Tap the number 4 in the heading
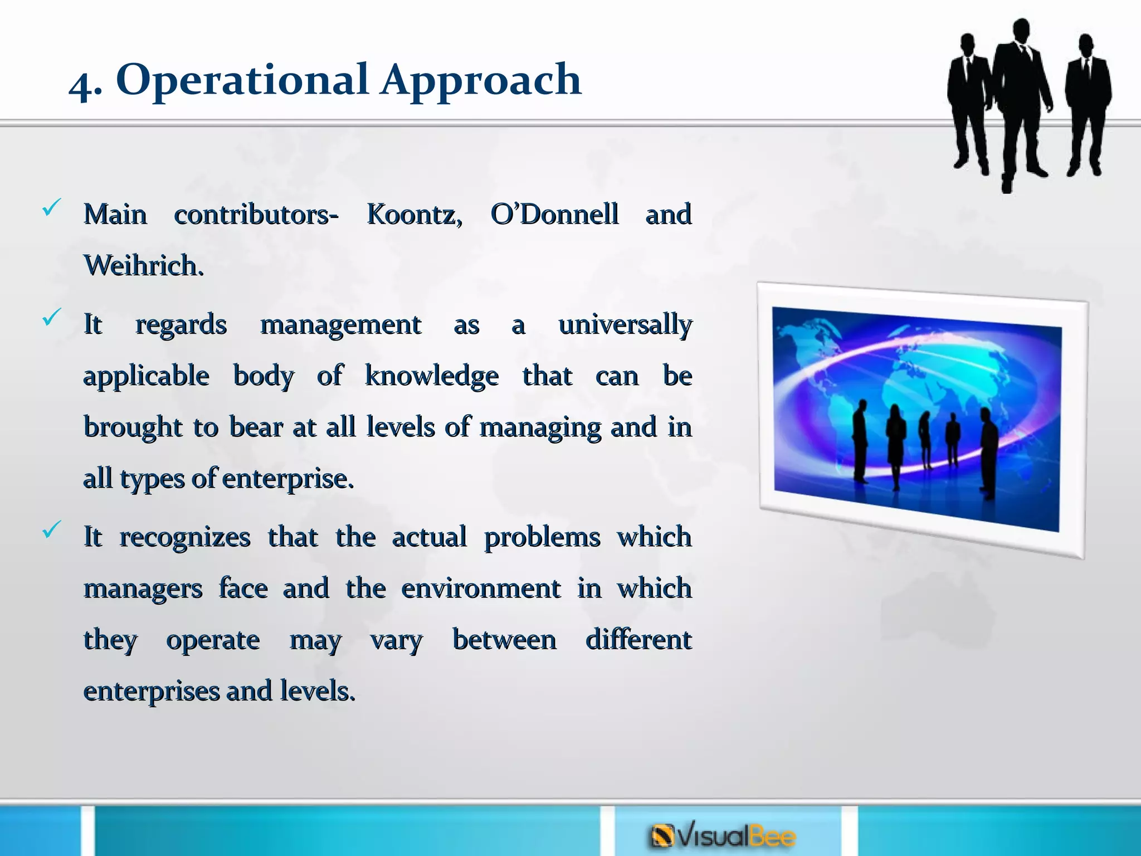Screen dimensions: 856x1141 (82, 86)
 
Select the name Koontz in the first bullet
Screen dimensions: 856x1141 (414, 215)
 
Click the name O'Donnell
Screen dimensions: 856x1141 (554, 214)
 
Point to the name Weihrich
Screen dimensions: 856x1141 (143, 266)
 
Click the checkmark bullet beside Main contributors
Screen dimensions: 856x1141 (51, 208)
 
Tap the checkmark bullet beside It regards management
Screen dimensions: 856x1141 (51, 317)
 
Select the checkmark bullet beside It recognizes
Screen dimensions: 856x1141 (51, 529)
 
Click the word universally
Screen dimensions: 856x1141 (625, 325)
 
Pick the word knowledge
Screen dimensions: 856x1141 (432, 376)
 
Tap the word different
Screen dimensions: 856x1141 (638, 640)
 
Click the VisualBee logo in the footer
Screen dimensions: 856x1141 (723, 836)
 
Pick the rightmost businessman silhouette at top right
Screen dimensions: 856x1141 (1087, 103)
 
